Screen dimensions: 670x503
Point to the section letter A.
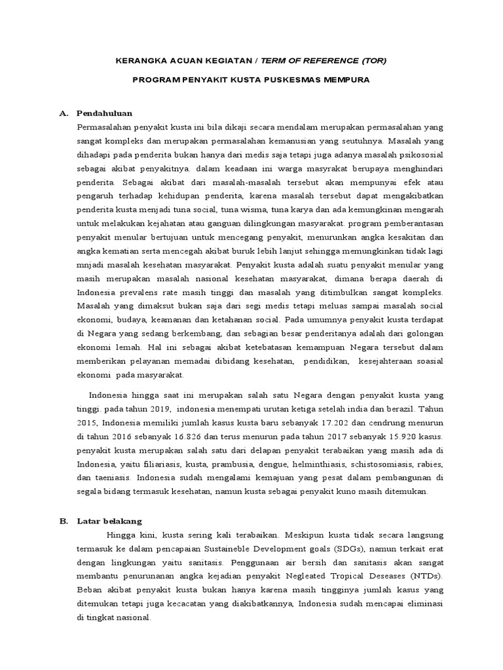click(64, 113)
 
